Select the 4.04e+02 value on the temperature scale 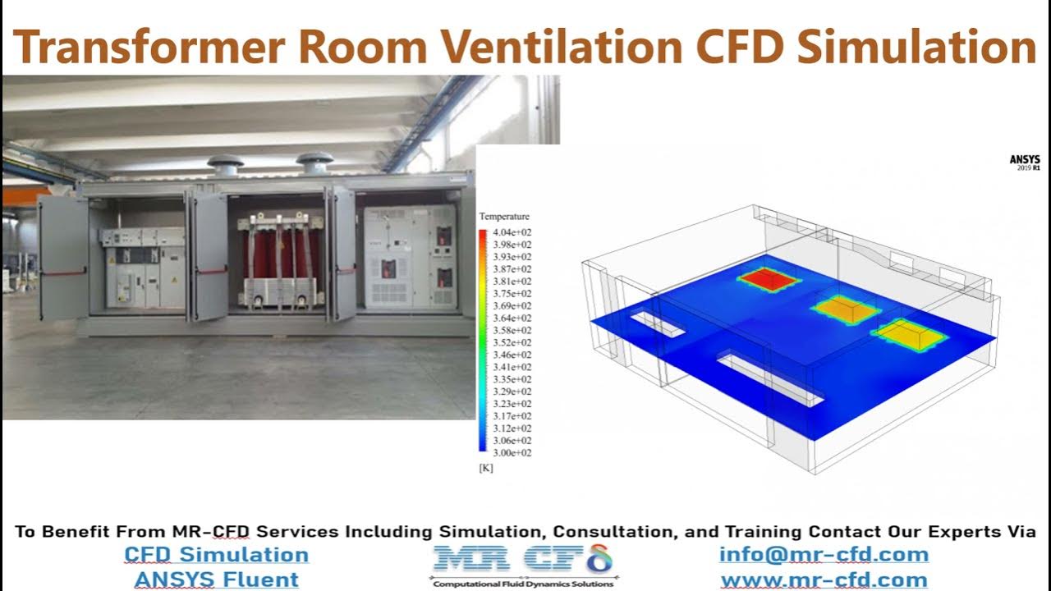coord(511,232)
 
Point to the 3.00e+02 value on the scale coord(511,452)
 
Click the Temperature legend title coord(504,217)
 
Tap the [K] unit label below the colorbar coord(485,467)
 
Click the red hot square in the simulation coord(769,280)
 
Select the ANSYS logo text coord(1024,160)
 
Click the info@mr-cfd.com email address coord(824,555)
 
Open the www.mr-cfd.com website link coord(824,580)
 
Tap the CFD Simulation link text coord(217,555)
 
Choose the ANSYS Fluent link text coord(217,580)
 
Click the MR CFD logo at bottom coord(523,563)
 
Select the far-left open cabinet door coord(63,257)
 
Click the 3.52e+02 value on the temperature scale coord(511,342)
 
